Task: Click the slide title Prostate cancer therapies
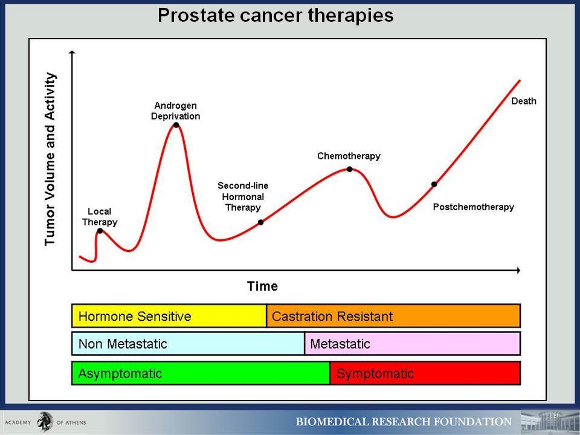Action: pos(275,16)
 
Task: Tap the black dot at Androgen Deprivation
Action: pos(176,125)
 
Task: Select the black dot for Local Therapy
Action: pos(100,231)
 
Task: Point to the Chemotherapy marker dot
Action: pos(350,169)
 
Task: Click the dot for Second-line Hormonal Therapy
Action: pos(261,222)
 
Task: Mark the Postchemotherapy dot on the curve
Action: pos(434,184)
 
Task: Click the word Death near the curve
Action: pos(524,101)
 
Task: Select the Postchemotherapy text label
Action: pos(474,207)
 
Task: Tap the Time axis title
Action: pos(263,286)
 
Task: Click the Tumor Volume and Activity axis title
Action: pos(50,159)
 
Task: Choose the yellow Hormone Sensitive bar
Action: pos(169,316)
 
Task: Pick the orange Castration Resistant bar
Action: pos(393,316)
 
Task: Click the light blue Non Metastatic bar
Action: pos(188,344)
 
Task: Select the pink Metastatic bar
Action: pos(413,344)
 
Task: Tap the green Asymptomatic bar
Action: pos(201,373)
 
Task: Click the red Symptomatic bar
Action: pos(425,373)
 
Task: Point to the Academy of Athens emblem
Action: pos(45,422)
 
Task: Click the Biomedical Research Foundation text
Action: pos(404,422)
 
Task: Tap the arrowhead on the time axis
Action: pos(518,271)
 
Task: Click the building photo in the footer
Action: pos(550,422)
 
